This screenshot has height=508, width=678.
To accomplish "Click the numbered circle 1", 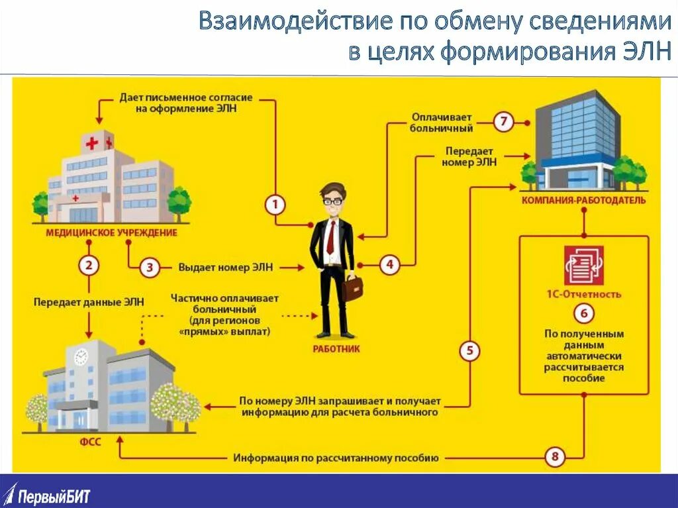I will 275,205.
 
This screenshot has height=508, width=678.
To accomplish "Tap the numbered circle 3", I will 150,268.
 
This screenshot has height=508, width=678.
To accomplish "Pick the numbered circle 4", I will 389,265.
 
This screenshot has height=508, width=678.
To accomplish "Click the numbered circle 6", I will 583,313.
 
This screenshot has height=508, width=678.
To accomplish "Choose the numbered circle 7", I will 504,122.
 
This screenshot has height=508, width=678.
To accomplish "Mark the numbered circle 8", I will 555,456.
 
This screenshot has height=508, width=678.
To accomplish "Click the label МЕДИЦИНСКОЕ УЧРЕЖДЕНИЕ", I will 111,233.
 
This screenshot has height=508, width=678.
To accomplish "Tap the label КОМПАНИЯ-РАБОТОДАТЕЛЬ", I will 583,200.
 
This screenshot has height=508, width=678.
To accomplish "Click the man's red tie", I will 330,235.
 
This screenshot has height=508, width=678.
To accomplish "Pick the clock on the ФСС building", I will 81,356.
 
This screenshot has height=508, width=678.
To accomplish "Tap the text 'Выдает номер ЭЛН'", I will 225,268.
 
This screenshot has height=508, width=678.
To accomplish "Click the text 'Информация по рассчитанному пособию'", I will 336,458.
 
